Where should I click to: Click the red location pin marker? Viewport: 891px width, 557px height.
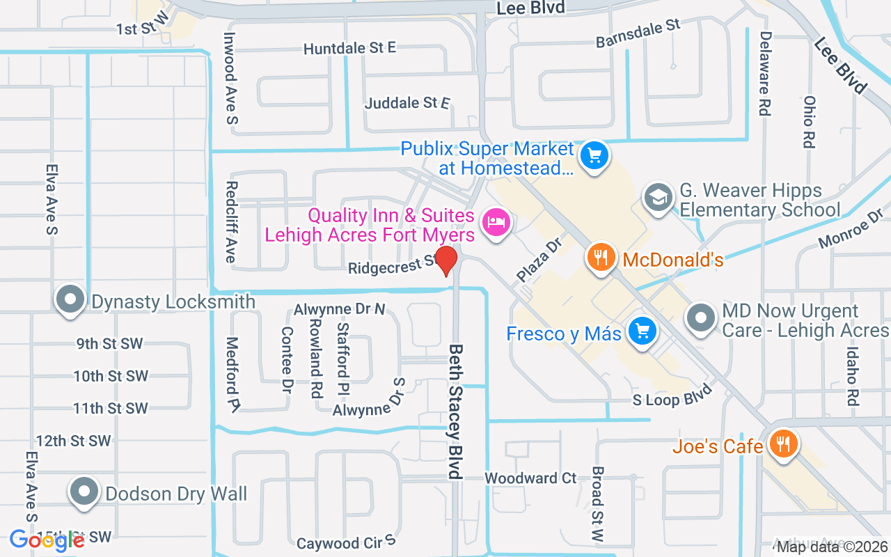pos(445,261)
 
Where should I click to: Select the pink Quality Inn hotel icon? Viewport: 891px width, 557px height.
pos(496,223)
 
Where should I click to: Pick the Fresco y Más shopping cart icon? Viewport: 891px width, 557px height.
pos(642,331)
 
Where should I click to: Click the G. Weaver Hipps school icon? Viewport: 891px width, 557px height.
pos(658,198)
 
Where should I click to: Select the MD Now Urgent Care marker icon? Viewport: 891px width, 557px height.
pos(701,318)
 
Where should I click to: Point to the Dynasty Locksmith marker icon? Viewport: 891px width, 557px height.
pos(70,301)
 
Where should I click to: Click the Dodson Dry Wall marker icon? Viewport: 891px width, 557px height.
pos(84,492)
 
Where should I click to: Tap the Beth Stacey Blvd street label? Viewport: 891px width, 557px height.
pos(456,411)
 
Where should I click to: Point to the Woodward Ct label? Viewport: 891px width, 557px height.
pos(531,478)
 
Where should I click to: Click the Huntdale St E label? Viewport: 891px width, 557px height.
pos(349,48)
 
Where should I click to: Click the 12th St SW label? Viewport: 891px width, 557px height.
pos(74,441)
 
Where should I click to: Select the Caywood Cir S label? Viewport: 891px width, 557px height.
pos(346,542)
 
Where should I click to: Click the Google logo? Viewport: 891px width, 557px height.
pos(47,540)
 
